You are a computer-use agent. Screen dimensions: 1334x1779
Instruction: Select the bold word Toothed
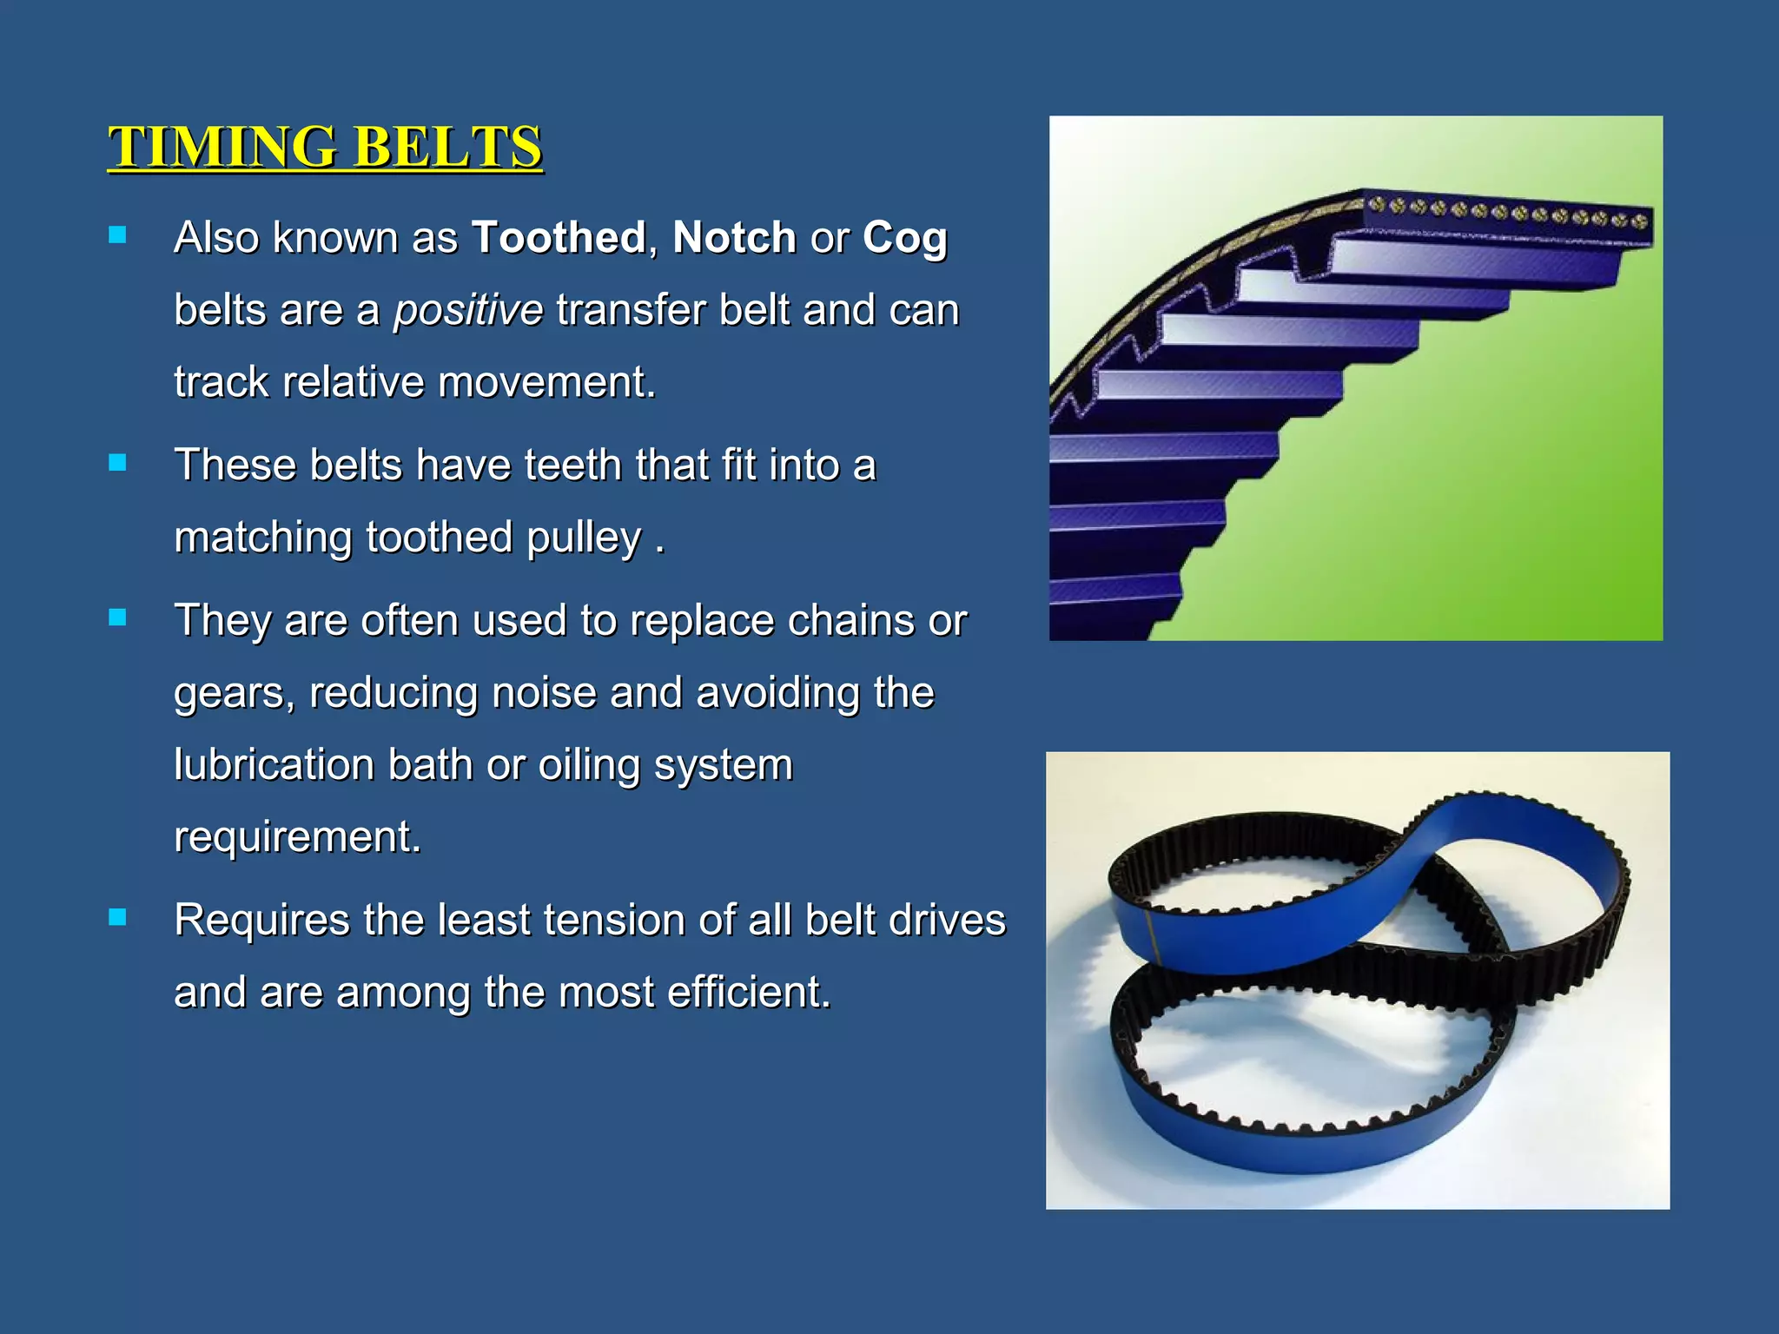(559, 237)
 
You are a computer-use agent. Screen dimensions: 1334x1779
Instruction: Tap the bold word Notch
(734, 237)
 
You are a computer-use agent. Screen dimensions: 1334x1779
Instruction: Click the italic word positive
(468, 311)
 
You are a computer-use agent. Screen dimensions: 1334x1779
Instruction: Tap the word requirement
(297, 838)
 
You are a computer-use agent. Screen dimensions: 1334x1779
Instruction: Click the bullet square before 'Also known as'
(117, 234)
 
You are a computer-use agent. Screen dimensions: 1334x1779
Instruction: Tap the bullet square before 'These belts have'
(117, 462)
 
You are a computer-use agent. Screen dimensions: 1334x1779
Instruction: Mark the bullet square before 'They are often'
(117, 617)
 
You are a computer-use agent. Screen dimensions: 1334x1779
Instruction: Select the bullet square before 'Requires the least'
(117, 917)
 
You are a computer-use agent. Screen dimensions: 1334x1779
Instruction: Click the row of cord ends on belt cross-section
(1507, 212)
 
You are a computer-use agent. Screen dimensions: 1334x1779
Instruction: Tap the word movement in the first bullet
(546, 382)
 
